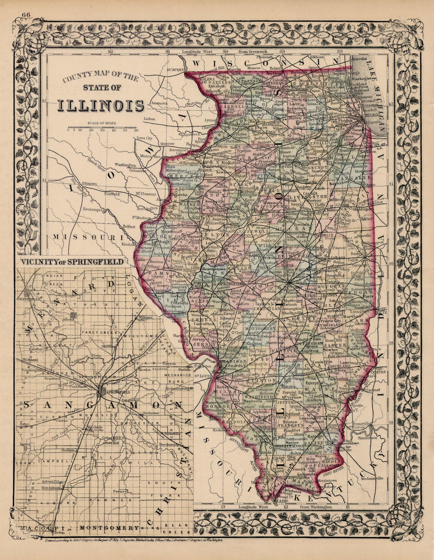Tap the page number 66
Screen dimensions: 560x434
pos(26,15)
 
